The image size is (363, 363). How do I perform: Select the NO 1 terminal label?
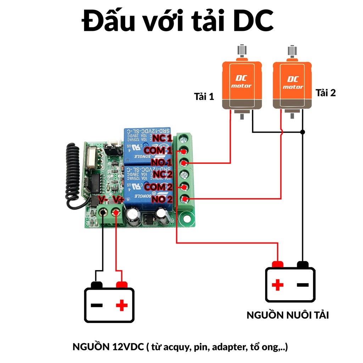click(162, 162)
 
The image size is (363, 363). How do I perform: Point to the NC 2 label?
click(162, 174)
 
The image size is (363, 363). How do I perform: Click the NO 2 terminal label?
click(162, 199)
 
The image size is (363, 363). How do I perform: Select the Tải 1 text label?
click(204, 96)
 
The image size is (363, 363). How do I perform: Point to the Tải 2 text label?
click(325, 93)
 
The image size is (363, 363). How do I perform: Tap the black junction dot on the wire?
click(302, 132)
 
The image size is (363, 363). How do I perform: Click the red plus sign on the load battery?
click(278, 284)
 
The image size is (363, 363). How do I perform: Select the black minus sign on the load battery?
click(302, 284)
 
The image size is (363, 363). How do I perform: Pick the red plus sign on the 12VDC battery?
click(122, 305)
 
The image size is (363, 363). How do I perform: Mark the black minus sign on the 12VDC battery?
click(97, 305)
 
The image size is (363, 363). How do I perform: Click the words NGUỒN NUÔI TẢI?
click(287, 315)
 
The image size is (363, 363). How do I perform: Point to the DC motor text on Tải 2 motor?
click(292, 83)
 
